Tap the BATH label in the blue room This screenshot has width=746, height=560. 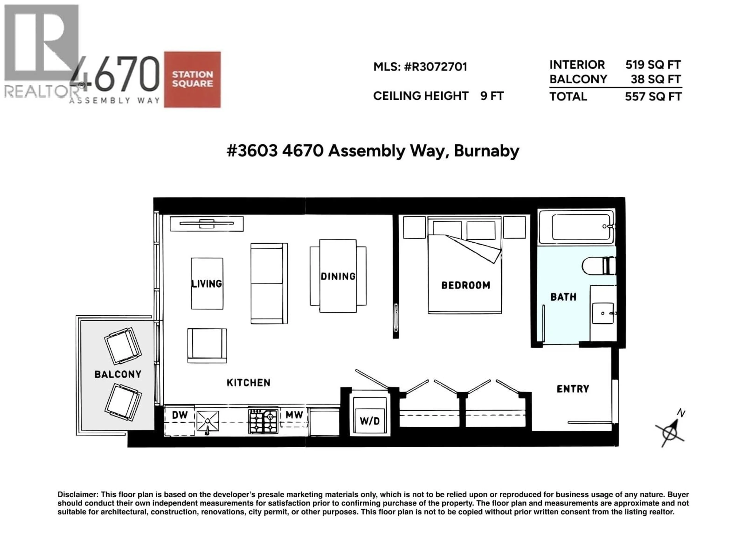(x=563, y=297)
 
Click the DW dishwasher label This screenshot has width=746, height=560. (x=180, y=415)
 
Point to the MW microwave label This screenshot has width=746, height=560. (x=294, y=415)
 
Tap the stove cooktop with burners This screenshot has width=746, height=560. (x=263, y=421)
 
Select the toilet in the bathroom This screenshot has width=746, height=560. (x=598, y=266)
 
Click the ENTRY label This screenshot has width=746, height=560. (x=573, y=389)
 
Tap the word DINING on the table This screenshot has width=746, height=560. (x=338, y=276)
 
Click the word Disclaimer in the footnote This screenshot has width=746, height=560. (x=78, y=494)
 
